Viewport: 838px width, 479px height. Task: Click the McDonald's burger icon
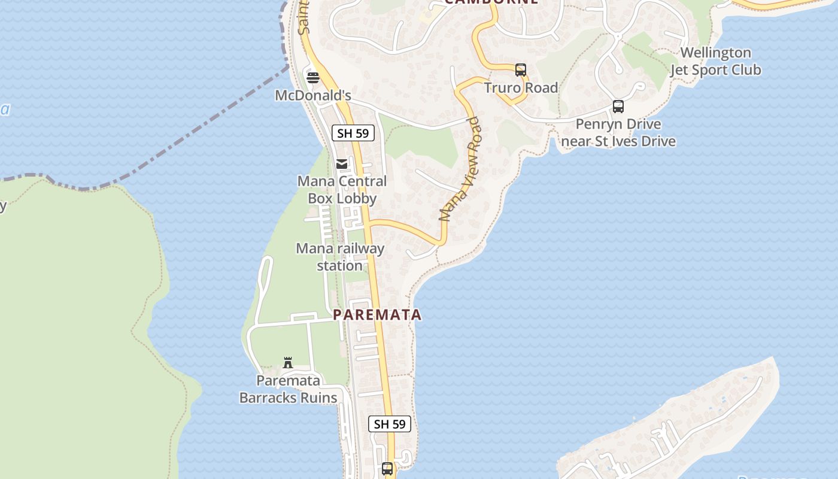[312, 77]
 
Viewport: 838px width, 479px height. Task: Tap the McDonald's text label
[312, 95]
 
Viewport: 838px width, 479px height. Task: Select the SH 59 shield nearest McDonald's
[353, 133]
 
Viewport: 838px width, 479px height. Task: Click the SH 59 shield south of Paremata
[390, 424]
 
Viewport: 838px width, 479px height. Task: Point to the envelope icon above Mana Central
[342, 163]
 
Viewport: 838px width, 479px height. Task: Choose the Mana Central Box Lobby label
[342, 189]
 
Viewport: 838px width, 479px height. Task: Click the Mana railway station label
[340, 256]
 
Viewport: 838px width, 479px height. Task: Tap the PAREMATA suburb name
[377, 314]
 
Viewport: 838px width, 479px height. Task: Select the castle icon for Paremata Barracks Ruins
[288, 362]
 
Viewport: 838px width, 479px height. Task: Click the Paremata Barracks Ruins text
[288, 389]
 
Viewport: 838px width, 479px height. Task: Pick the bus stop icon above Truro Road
[521, 70]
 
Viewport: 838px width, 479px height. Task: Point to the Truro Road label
[521, 88]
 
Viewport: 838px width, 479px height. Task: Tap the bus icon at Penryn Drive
[618, 107]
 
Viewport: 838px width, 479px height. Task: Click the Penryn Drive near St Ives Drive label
[618, 132]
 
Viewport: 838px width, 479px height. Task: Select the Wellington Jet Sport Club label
[715, 61]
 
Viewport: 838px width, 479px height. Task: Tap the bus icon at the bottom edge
[387, 468]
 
